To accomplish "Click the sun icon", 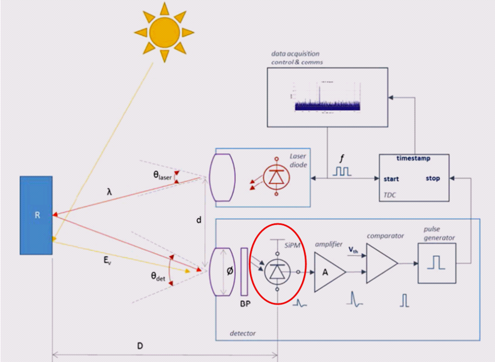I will click(164, 32).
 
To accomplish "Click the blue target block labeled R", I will click(37, 215).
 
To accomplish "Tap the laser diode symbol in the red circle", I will click(275, 177).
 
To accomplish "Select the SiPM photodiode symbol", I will click(278, 269).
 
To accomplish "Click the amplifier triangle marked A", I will click(327, 271).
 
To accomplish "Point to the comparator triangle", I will click(381, 263).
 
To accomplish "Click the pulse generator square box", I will click(436, 263).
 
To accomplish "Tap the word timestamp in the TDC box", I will click(414, 159).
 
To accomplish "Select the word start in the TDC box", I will click(391, 178).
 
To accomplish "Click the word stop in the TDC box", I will click(433, 178).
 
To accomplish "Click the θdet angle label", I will click(158, 276).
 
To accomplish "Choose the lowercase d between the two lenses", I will click(199, 221).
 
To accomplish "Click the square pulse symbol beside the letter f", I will click(343, 171).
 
